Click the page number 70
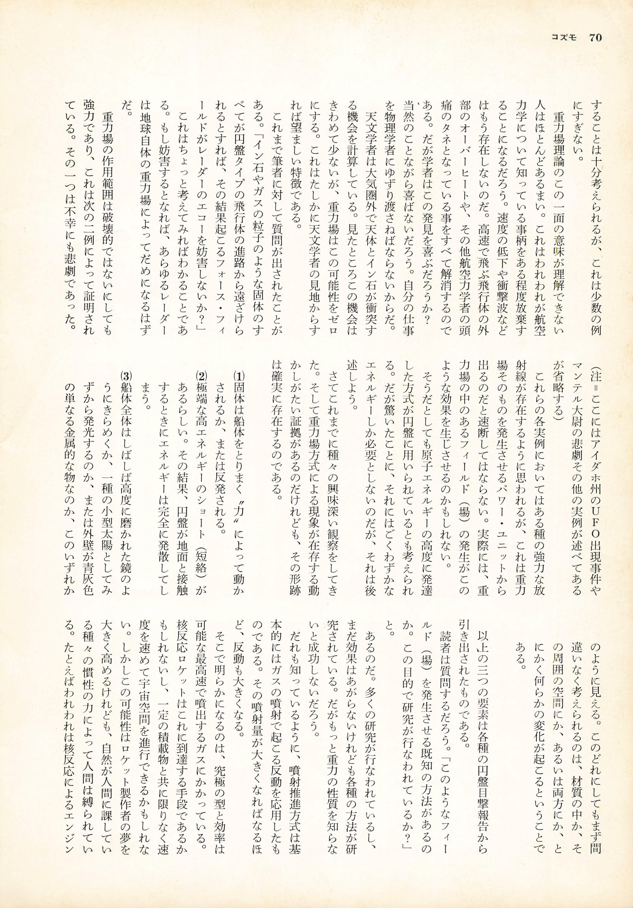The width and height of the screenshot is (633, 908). click(595, 38)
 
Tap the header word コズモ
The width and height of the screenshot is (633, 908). click(565, 38)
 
